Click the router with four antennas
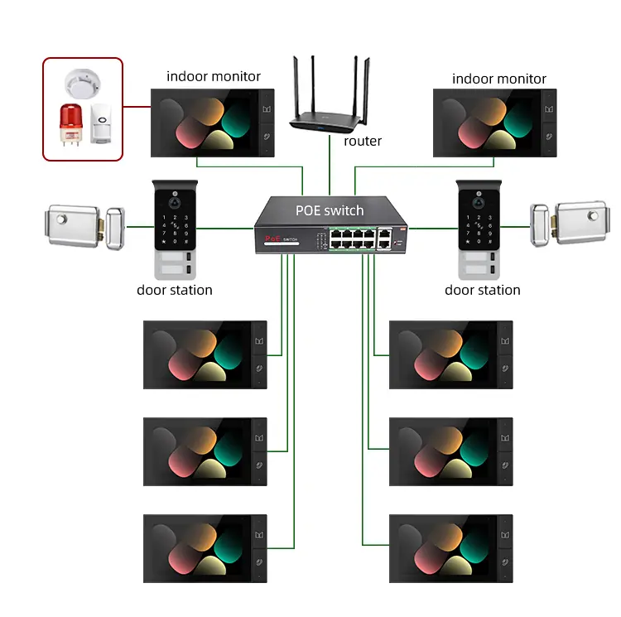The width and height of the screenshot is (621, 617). click(x=328, y=115)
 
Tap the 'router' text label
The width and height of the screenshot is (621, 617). click(x=363, y=142)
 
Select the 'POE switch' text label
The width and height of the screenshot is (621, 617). click(x=330, y=210)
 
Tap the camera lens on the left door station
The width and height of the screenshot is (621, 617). click(x=175, y=200)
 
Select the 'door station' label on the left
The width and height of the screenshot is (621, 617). click(x=175, y=291)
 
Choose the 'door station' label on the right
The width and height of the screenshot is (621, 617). click(x=483, y=291)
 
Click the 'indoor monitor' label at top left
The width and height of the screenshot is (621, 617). click(x=214, y=77)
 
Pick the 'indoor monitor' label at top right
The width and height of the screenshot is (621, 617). click(x=499, y=80)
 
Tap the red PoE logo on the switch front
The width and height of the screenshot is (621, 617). click(x=274, y=238)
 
